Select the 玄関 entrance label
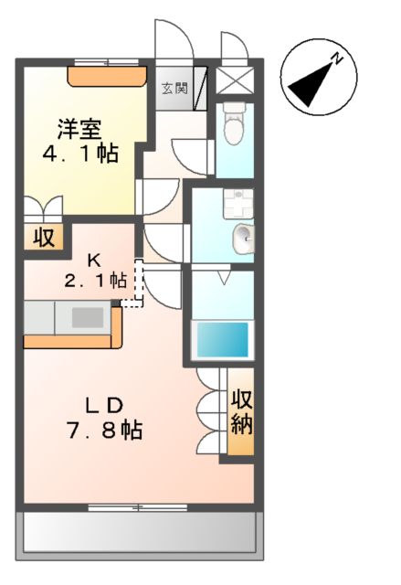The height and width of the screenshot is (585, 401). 174,89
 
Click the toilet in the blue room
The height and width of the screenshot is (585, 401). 233,123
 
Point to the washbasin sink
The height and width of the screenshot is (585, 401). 243,239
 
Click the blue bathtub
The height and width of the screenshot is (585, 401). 223,340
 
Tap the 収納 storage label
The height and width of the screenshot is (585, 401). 241,411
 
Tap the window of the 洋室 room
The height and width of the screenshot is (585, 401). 107,62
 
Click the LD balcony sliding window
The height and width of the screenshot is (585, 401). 138,505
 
